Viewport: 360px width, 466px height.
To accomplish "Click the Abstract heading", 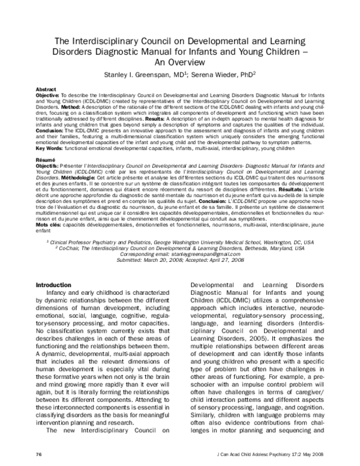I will [46, 88].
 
